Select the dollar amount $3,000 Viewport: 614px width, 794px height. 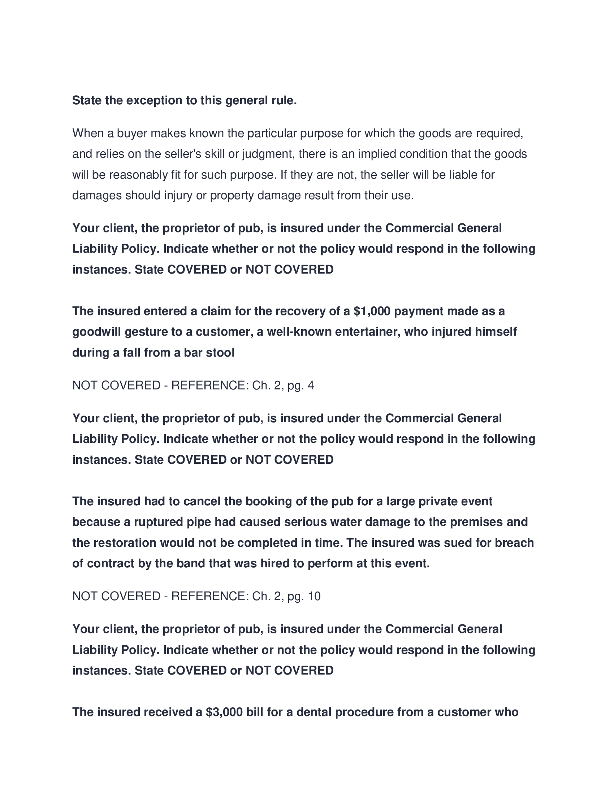click(x=224, y=712)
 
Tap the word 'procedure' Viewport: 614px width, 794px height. click(x=364, y=712)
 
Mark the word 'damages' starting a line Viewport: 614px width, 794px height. click(x=97, y=196)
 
